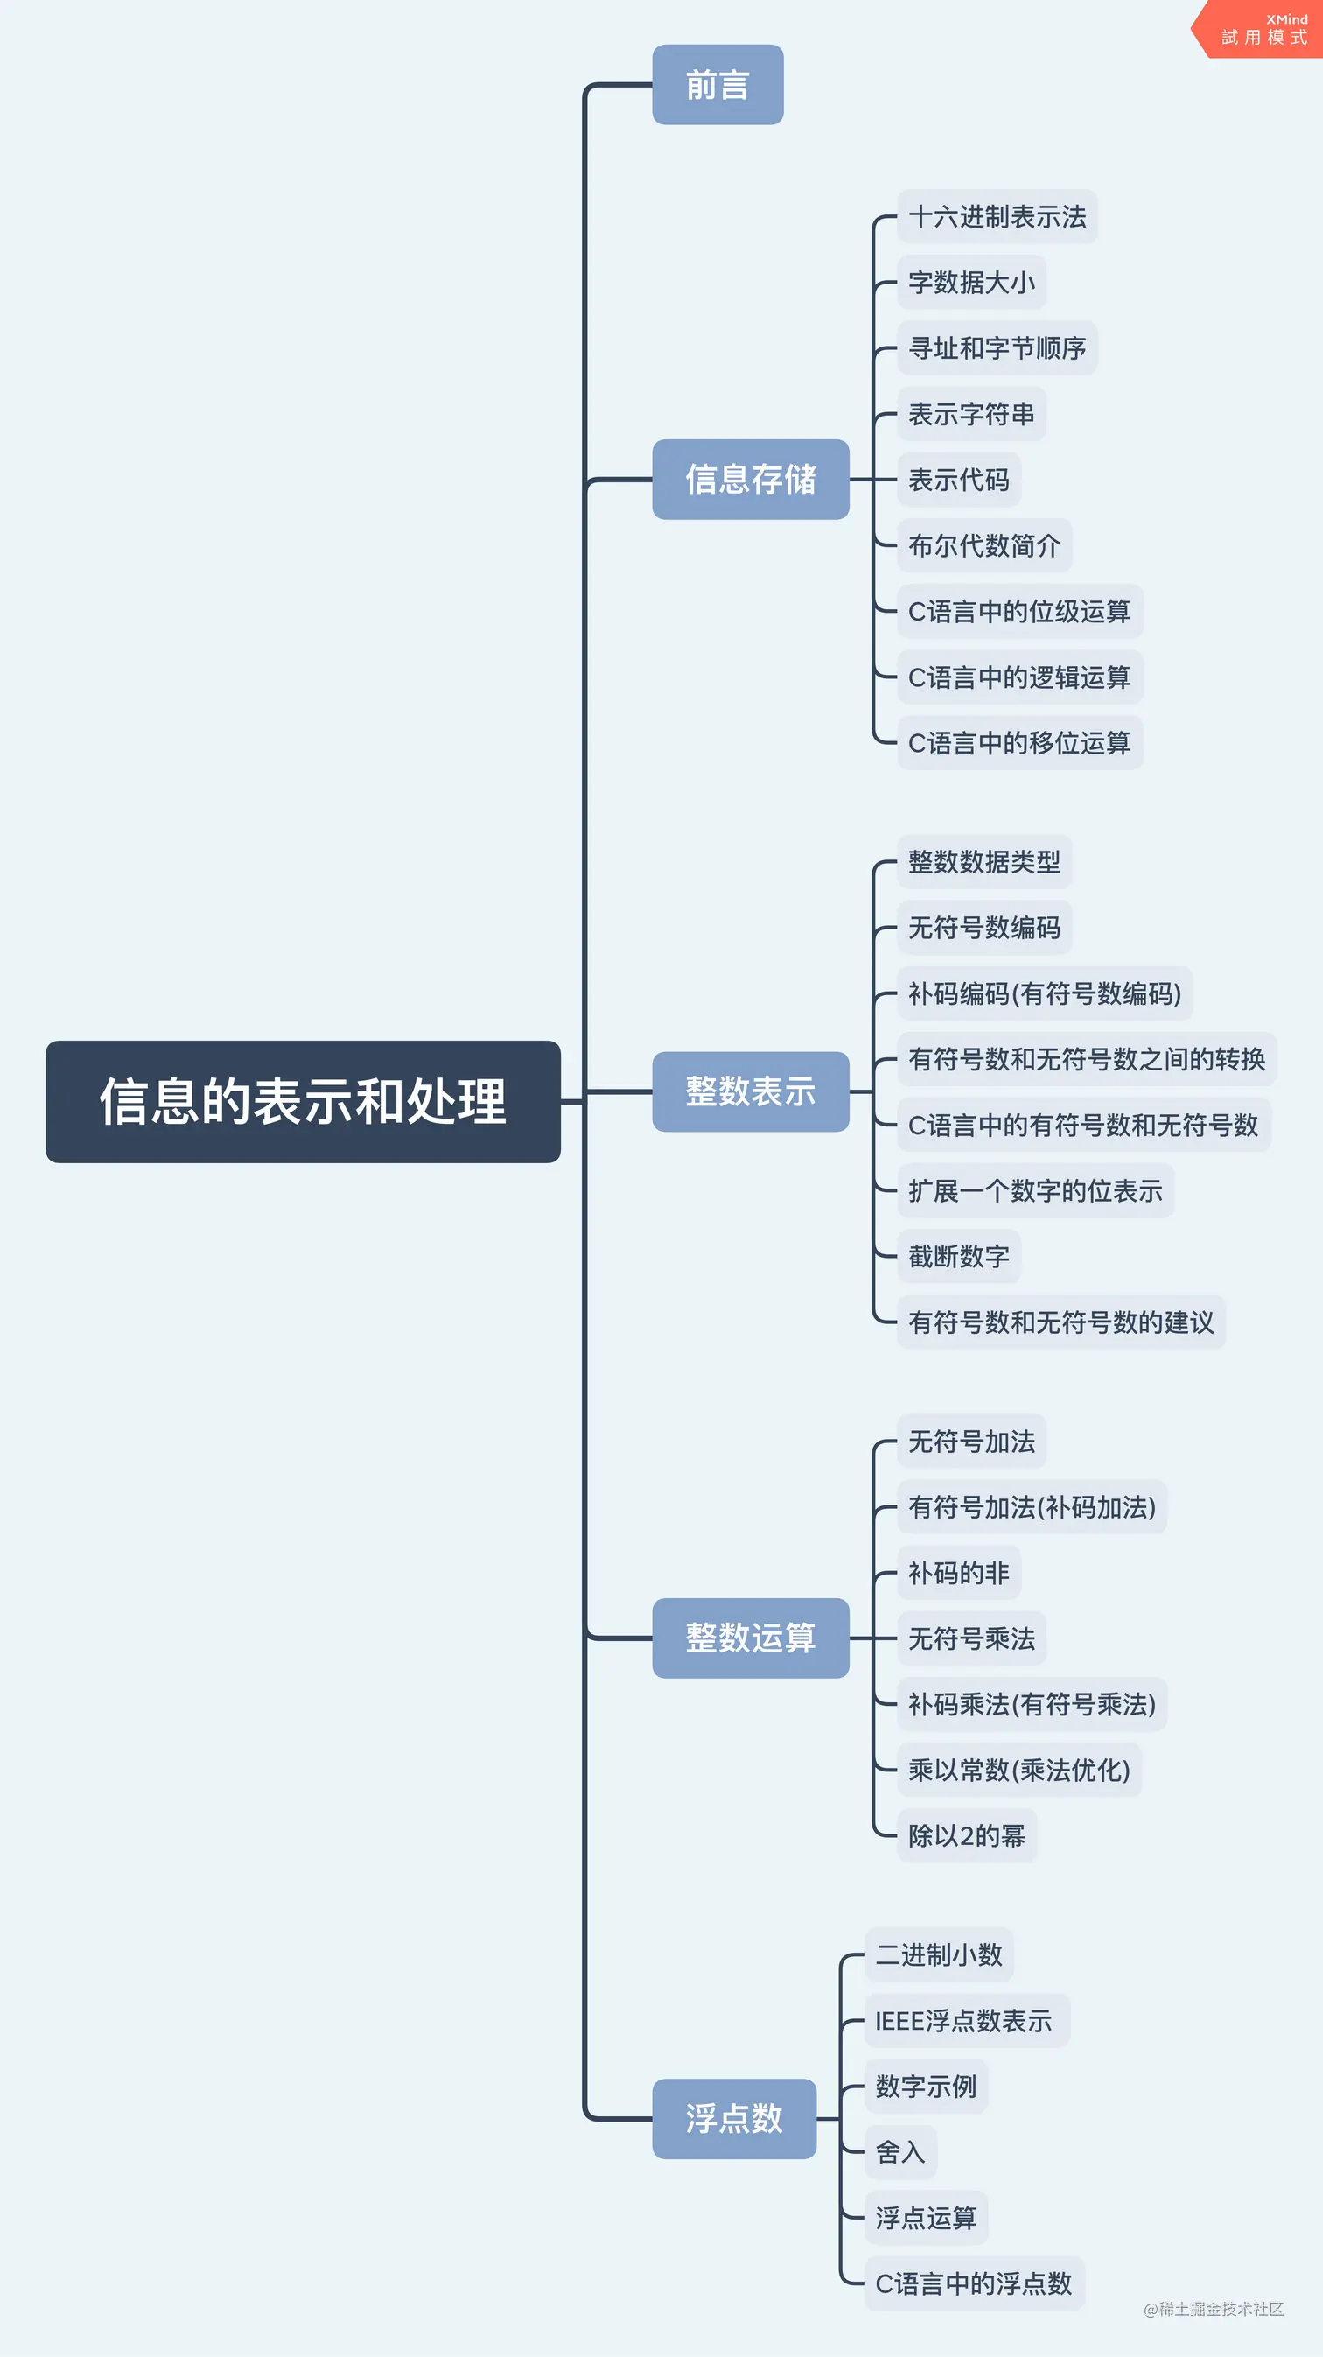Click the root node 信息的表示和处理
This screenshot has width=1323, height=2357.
click(x=303, y=1101)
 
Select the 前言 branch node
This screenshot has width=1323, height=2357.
click(x=717, y=85)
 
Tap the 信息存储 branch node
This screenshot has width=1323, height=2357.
click(x=750, y=479)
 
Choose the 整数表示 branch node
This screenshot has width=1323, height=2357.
click(x=750, y=1091)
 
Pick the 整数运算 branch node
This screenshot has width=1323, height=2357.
click(x=750, y=1638)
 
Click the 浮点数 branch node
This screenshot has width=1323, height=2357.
click(x=734, y=2118)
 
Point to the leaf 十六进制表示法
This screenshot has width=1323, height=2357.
click(x=997, y=217)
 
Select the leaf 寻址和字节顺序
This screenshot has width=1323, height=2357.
click(x=997, y=347)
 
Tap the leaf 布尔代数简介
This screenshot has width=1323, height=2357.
click(x=984, y=545)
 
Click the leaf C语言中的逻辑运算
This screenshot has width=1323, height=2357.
click(x=1019, y=677)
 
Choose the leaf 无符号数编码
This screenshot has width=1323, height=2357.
click(x=984, y=928)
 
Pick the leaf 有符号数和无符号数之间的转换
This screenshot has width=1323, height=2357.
click(x=1087, y=1059)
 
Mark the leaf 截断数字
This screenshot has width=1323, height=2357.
click(x=959, y=1256)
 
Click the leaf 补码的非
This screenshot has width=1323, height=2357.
click(x=959, y=1573)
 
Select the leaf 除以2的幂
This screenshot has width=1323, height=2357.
click(x=967, y=1835)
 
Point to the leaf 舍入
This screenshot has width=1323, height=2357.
click(x=901, y=2152)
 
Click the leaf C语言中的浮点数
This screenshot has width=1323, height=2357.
click(x=975, y=2283)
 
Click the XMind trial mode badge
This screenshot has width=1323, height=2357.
click(x=1263, y=29)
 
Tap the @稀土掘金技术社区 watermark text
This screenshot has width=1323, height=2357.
click(x=1214, y=2309)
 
